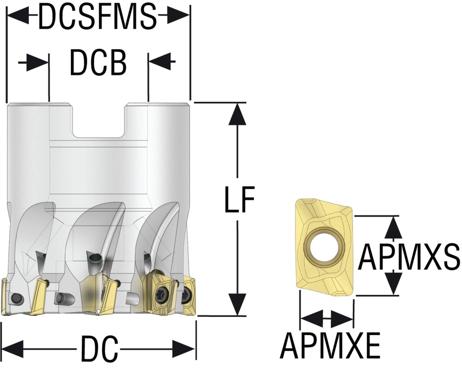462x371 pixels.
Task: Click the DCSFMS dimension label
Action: (97, 17)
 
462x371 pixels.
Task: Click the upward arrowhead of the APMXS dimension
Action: (394, 227)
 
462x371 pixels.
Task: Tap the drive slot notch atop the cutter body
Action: (99, 122)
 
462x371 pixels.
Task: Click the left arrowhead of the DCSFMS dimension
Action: (18, 16)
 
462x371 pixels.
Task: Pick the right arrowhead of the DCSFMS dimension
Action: (178, 16)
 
